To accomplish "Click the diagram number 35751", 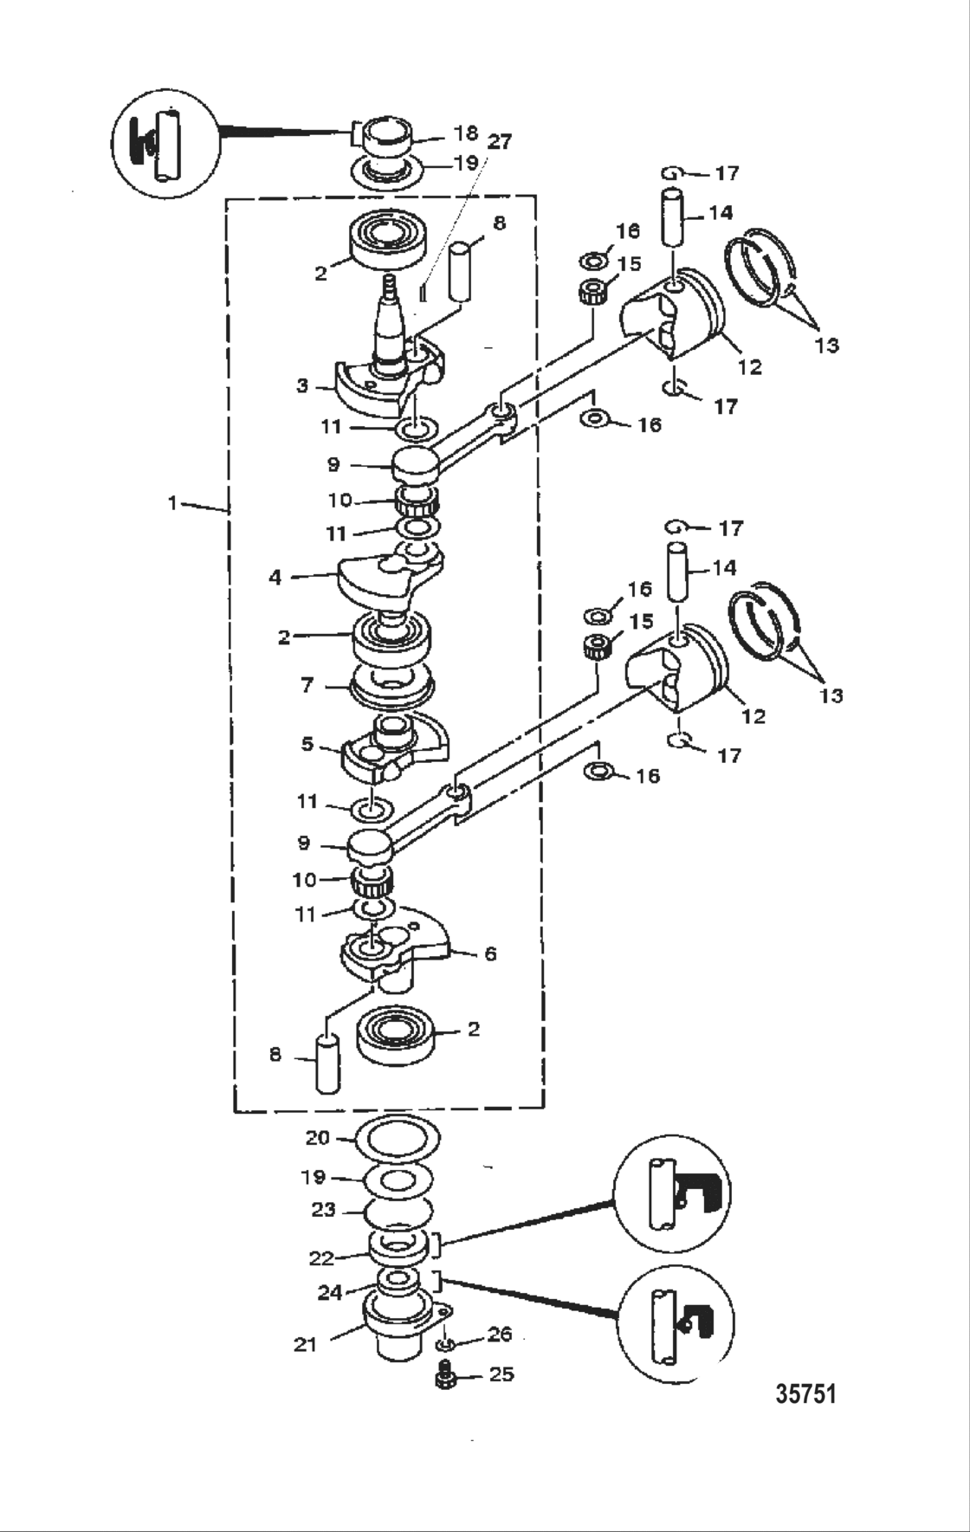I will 805,1393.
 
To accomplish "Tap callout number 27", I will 499,141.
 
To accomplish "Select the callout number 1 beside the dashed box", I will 172,502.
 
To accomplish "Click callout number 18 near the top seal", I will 466,133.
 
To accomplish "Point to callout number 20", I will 318,1138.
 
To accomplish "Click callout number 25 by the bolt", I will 501,1374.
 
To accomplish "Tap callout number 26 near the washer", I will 500,1334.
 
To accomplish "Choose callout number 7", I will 307,685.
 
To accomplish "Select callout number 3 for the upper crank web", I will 301,385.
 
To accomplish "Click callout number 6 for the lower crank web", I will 490,953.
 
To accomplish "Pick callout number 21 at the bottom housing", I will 305,1345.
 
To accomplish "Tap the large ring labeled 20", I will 398,1140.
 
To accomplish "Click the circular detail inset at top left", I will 166,142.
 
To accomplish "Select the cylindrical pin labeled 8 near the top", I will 461,272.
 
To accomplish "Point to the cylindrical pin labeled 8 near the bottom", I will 327,1063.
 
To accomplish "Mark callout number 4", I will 275,576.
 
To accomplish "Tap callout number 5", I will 307,744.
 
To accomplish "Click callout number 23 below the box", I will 323,1210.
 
